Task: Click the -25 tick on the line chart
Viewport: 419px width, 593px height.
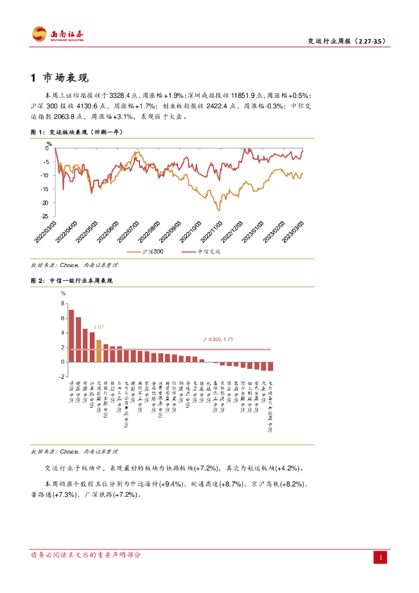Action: click(x=45, y=216)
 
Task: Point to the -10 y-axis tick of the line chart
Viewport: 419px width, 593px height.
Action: click(x=45, y=175)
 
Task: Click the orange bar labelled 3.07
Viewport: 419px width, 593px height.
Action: click(x=99, y=351)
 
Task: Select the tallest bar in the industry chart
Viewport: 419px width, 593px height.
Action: click(x=71, y=336)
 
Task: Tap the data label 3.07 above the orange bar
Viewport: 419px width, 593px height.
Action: click(x=99, y=327)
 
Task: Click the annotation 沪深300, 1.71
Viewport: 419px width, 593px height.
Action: click(x=218, y=339)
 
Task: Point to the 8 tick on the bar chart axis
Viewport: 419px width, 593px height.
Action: click(x=63, y=303)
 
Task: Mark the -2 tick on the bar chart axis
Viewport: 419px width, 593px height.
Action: click(x=62, y=376)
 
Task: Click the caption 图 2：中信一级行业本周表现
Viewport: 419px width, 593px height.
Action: click(x=72, y=280)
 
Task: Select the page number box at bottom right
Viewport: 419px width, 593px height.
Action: click(x=381, y=557)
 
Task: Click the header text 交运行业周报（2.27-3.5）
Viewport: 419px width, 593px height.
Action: click(x=346, y=41)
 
